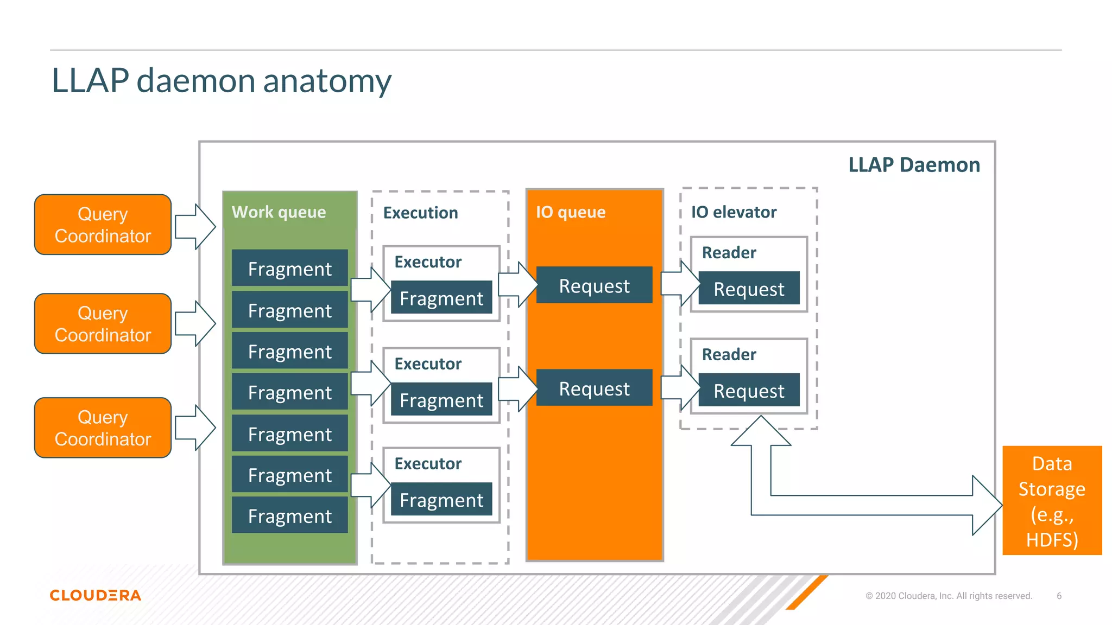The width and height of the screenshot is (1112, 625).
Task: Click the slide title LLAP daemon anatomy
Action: [x=221, y=81]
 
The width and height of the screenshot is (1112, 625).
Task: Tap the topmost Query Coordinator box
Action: [x=103, y=225]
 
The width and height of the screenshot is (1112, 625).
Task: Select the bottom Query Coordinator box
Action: [x=103, y=428]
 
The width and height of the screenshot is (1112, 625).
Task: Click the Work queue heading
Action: [x=279, y=212]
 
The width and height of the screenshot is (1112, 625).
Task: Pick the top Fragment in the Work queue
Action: [x=289, y=269]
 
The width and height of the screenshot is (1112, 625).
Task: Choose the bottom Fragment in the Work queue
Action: [x=289, y=516]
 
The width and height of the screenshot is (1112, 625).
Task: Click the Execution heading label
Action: [x=420, y=213]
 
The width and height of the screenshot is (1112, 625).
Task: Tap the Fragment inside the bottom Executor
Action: [x=441, y=500]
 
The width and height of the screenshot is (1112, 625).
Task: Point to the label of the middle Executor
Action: [x=428, y=363]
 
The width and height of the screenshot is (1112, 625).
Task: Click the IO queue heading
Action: [x=570, y=212]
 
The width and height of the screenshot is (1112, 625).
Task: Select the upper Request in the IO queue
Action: [x=594, y=285]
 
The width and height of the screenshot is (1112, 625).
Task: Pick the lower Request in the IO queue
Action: [x=594, y=388]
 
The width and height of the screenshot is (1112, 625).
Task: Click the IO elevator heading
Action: [x=733, y=212]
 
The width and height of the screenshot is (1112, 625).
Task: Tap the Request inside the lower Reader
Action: [x=749, y=391]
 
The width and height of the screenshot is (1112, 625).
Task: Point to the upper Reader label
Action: [x=729, y=253]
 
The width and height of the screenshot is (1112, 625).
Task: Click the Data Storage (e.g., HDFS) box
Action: [x=1052, y=501]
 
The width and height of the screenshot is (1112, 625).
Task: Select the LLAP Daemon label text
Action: [x=914, y=165]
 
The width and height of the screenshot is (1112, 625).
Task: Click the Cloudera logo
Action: [x=96, y=595]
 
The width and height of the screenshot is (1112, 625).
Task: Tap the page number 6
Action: [x=1059, y=596]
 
